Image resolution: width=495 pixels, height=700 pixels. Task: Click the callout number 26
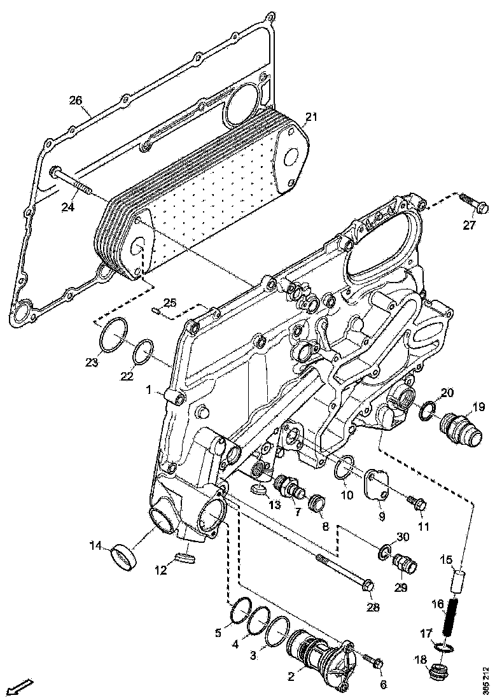(76, 101)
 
